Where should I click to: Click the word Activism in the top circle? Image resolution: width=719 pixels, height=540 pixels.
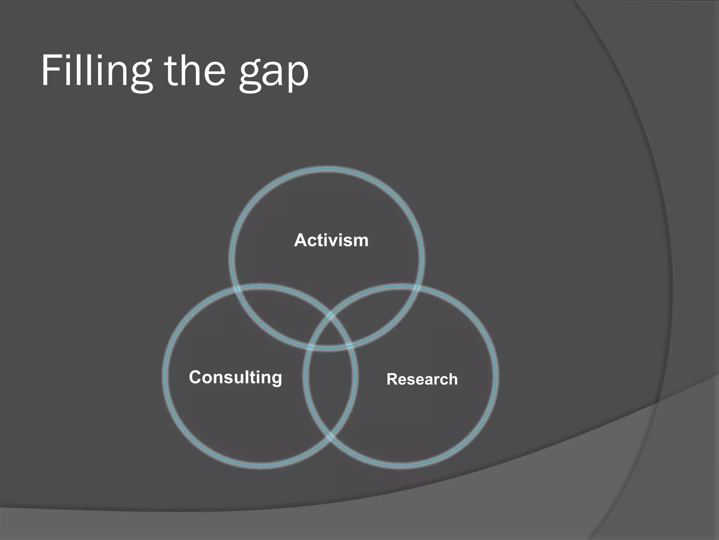(x=331, y=240)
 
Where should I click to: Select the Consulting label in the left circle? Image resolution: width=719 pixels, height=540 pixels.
(x=235, y=378)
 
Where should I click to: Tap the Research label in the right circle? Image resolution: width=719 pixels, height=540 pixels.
(x=422, y=379)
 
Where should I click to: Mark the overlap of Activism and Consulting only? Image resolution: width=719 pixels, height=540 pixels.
(x=281, y=309)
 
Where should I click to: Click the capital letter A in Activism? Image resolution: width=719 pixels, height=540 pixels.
(x=301, y=240)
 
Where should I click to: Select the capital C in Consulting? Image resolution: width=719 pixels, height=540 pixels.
(x=195, y=377)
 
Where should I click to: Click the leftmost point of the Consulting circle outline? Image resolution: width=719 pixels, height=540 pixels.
(x=165, y=375)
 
